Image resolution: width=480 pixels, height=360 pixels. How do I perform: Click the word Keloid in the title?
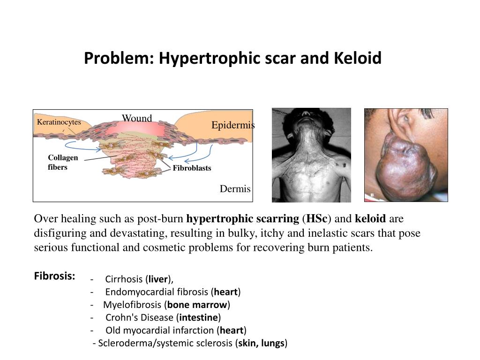358,59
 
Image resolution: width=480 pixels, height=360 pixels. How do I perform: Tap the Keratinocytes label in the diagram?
59,122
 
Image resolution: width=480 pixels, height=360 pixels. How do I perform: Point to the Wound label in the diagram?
137,118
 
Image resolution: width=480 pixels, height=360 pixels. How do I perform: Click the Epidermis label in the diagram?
233,125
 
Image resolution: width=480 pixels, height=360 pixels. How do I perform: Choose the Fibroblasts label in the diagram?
192,168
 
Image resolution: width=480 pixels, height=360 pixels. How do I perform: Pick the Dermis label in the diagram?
235,189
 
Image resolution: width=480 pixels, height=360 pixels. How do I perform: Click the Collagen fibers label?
63,162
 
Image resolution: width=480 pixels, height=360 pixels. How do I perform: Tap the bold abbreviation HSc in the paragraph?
316,219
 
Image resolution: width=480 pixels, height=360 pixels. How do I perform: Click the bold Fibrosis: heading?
55,276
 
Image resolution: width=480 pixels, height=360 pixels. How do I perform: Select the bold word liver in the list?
158,280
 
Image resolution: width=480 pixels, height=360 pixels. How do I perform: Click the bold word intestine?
199,317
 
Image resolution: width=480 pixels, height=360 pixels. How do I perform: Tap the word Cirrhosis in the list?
124,280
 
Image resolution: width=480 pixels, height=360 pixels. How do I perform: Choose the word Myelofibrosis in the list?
133,305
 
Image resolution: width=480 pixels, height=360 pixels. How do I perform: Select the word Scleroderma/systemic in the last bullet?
139,343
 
